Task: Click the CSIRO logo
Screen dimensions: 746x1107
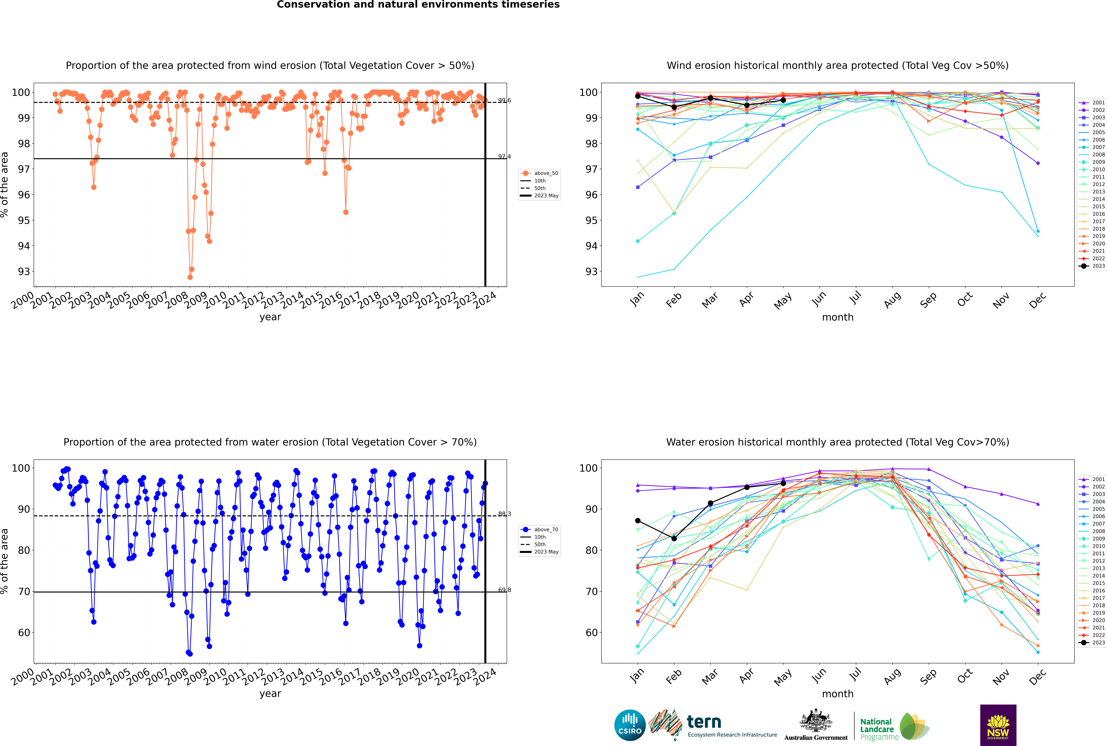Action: tap(630, 725)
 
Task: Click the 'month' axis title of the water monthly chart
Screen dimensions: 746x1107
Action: tap(838, 694)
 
